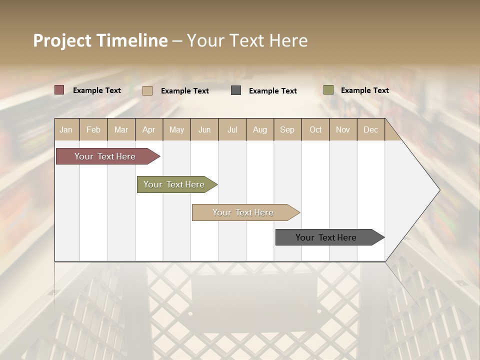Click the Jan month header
(66, 129)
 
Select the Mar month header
(121, 129)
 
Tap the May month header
(176, 129)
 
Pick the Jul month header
(232, 129)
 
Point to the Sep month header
(287, 129)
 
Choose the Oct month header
(315, 129)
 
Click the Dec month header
(371, 129)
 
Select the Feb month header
(93, 129)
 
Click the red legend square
(59, 90)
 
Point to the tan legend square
(147, 90)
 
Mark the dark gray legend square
(236, 90)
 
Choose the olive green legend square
(328, 90)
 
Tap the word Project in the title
(61, 40)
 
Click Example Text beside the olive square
(364, 90)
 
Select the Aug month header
(260, 129)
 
